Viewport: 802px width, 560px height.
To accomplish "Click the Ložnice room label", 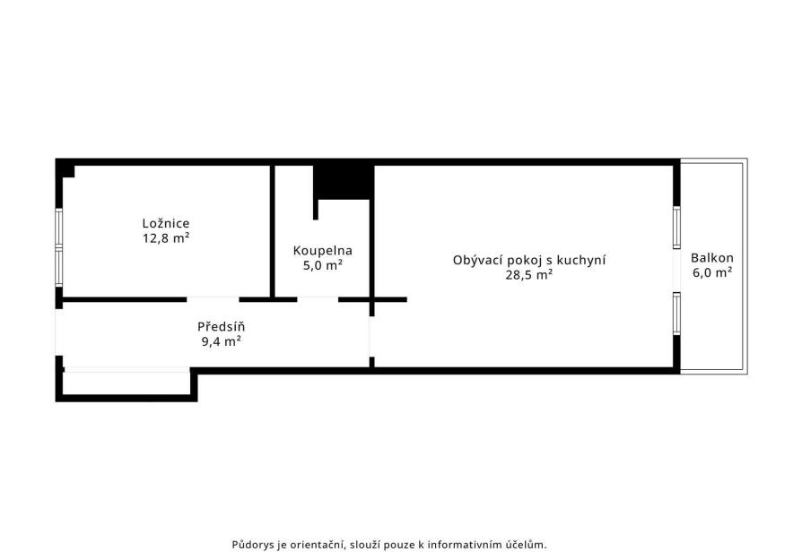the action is pos(166,223).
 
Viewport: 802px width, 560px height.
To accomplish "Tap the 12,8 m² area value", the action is pos(166,238).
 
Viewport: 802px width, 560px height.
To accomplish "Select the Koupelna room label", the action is pos(323,251).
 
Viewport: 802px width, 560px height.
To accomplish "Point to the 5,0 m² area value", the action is pos(323,266).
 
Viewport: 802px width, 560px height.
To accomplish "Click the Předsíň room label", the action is pos(221,326).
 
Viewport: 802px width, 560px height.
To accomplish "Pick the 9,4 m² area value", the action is pos(221,341).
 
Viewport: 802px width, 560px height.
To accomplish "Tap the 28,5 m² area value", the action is pos(529,275).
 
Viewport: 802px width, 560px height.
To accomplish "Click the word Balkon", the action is pos(712,258).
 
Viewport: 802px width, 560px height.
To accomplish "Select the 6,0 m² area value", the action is pos(712,272).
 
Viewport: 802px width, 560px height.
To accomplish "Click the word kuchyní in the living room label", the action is pos(581,261).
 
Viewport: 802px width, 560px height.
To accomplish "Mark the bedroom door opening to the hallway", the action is pos(213,299).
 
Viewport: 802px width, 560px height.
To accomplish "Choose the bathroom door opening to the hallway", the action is pos(318,299).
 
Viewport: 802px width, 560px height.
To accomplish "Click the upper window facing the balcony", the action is pos(676,228).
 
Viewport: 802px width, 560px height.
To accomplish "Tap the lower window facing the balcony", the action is pos(676,314).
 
